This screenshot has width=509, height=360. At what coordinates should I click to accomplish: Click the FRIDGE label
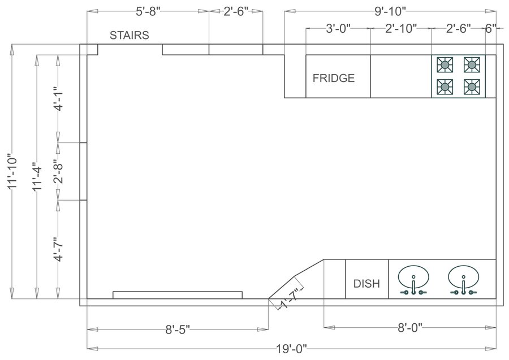[x=334, y=78]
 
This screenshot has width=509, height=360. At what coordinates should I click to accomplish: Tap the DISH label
[x=366, y=283]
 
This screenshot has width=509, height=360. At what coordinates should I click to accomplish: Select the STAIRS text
[x=130, y=35]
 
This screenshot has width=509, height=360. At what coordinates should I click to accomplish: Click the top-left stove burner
[x=445, y=65]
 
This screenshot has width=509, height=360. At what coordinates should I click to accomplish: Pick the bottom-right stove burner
[x=472, y=86]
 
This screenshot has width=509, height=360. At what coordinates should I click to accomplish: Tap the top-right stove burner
[x=472, y=65]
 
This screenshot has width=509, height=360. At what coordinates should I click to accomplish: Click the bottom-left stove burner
[x=445, y=86]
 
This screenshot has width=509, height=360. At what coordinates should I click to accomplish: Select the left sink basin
[x=413, y=277]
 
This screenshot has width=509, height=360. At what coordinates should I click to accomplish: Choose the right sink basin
[x=464, y=277]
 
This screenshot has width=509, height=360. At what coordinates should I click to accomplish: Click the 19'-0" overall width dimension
[x=291, y=348]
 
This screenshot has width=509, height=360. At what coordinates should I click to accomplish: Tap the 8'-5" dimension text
[x=177, y=328]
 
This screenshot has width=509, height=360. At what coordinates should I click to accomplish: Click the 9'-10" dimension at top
[x=390, y=11]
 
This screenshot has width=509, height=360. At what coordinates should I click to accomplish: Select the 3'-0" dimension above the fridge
[x=338, y=29]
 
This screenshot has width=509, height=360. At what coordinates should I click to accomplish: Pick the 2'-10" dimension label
[x=401, y=29]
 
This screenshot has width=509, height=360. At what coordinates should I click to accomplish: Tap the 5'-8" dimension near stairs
[x=148, y=11]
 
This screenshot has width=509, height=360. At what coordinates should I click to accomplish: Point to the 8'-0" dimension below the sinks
[x=409, y=328]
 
